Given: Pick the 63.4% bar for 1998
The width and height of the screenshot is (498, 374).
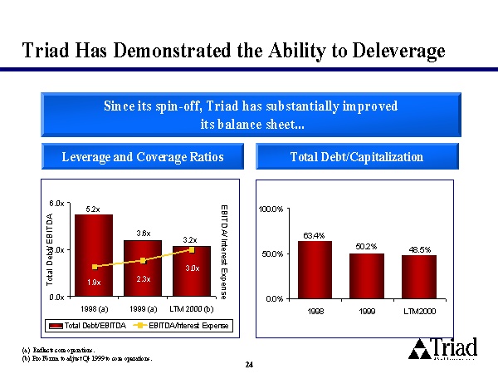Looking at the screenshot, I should [314, 268].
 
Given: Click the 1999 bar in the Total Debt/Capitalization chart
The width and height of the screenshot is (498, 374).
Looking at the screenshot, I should [366, 274].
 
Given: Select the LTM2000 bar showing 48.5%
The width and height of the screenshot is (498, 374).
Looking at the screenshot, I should [418, 275].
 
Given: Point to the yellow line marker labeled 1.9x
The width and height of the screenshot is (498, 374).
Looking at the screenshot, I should [96, 266].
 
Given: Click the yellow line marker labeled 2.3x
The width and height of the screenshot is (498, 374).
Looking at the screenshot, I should [143, 260].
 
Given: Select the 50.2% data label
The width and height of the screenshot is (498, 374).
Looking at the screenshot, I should [366, 246].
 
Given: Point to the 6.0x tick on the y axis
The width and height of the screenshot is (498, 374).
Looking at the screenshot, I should [56, 202].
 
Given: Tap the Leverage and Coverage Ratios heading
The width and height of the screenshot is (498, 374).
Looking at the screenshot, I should [143, 156].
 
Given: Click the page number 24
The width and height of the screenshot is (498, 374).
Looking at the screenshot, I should [249, 364].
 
